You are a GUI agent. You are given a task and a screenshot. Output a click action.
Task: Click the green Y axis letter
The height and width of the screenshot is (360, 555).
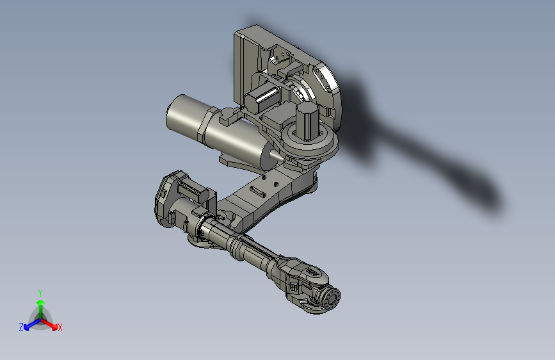tap(40, 292)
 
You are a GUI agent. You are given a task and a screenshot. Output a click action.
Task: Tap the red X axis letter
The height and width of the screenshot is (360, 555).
tap(60, 327)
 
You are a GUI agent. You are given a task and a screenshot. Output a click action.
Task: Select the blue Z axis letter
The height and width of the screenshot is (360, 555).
tap(21, 327)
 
